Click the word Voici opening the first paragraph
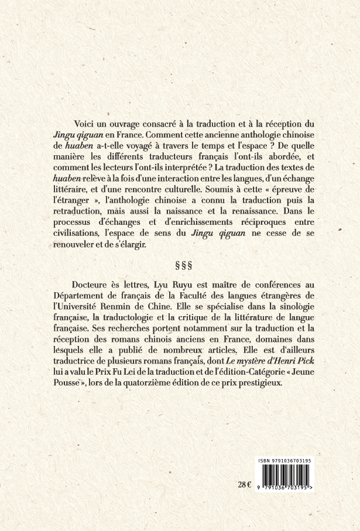coord(85,125)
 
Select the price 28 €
coord(245,484)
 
